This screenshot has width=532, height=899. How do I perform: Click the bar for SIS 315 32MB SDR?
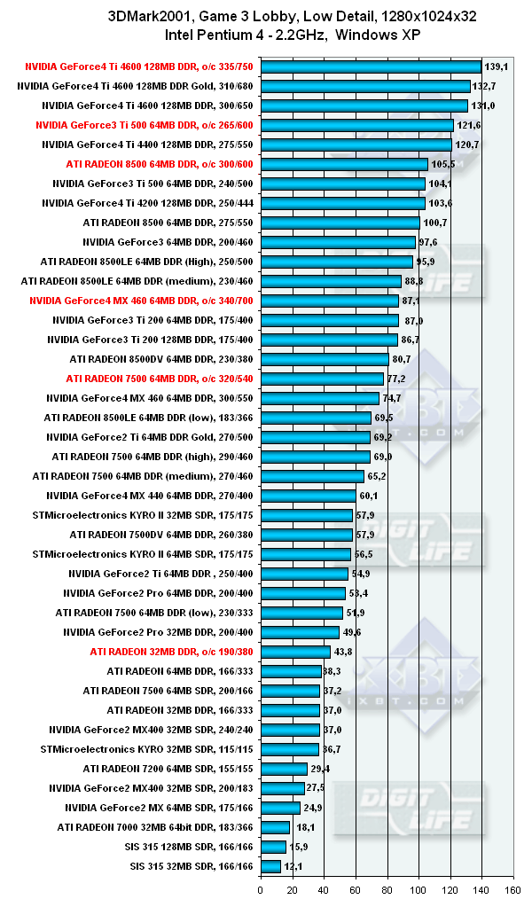270,865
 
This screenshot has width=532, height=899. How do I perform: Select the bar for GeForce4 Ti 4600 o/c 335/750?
371,66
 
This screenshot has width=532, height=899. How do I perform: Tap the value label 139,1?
496,66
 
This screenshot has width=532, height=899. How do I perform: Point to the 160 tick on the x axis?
512,887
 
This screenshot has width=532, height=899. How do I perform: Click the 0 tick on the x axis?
261,887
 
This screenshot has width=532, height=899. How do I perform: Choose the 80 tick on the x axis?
387,887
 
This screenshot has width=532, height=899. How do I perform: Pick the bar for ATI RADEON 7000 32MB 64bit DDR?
275,826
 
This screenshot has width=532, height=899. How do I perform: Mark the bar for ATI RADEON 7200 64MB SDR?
284,768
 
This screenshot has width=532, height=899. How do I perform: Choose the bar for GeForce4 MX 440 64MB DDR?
308,495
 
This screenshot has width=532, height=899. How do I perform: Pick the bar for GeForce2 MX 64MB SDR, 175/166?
280,807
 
